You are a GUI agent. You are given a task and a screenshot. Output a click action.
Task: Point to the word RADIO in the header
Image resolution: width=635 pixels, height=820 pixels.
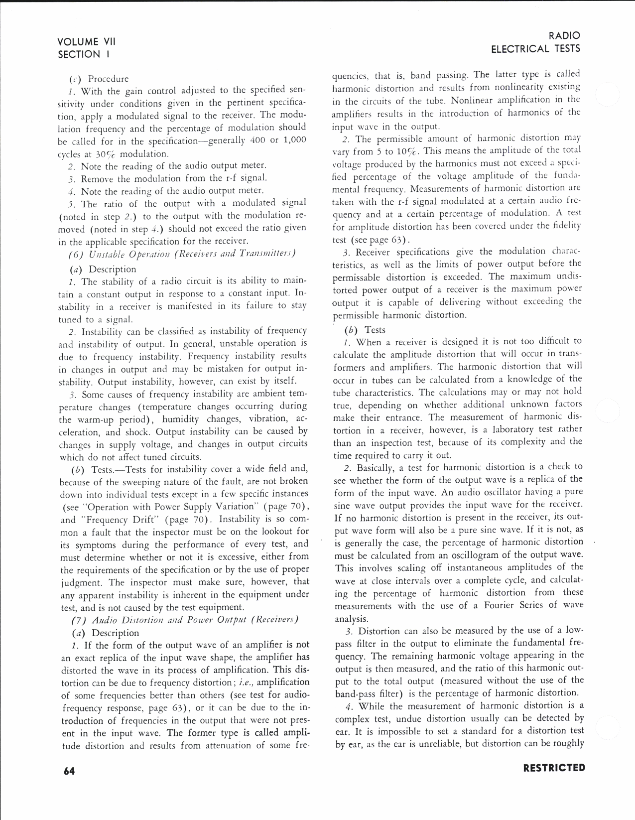(x=564, y=36)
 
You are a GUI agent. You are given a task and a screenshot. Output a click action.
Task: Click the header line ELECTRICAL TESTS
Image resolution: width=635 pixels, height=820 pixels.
(x=535, y=48)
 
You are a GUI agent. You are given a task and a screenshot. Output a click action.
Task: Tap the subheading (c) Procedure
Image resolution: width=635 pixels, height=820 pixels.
(x=100, y=79)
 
